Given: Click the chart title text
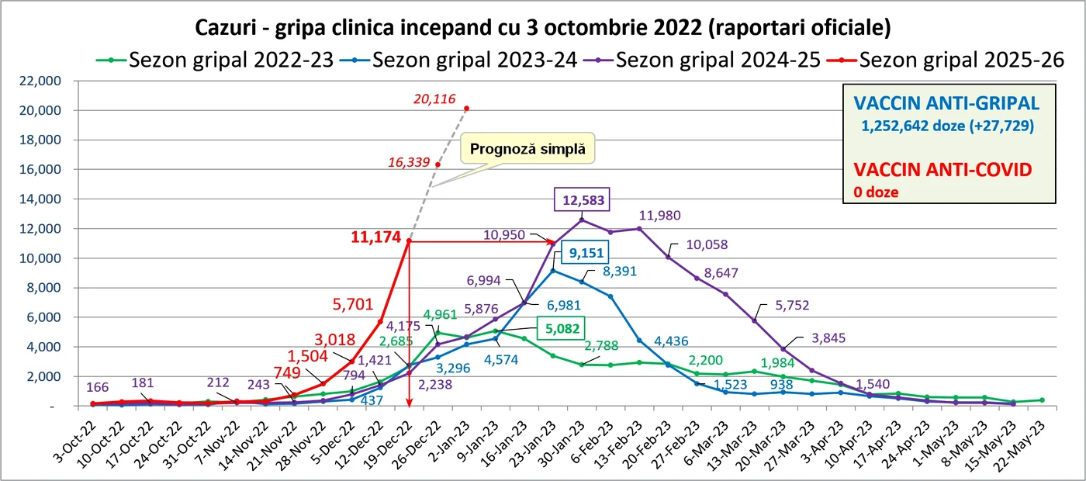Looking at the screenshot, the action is (x=543, y=28).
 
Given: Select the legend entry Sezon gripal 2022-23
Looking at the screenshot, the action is (x=215, y=61).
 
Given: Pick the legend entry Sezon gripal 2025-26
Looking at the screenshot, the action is (x=946, y=61).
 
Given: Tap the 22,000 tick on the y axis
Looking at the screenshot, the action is (x=40, y=81).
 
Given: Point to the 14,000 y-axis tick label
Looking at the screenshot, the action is (x=40, y=199).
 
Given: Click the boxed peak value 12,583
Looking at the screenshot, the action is (x=583, y=200).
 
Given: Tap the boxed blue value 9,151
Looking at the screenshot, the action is (x=586, y=253).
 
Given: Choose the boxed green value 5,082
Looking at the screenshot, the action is (x=562, y=329).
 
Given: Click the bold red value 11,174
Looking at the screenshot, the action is (x=375, y=237).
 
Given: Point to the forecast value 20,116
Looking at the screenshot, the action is (x=434, y=99).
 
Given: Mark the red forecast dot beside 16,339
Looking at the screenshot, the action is (x=438, y=164).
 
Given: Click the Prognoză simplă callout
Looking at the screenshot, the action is (x=527, y=149).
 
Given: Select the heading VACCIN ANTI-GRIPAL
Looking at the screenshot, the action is (x=946, y=103).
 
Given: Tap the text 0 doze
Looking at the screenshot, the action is (x=876, y=192).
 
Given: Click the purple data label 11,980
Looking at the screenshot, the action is (x=660, y=216).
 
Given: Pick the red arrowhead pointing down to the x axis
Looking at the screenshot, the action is (x=410, y=403).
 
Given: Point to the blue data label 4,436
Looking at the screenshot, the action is (x=671, y=341).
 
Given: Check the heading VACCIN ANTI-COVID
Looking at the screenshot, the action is (x=943, y=170).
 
